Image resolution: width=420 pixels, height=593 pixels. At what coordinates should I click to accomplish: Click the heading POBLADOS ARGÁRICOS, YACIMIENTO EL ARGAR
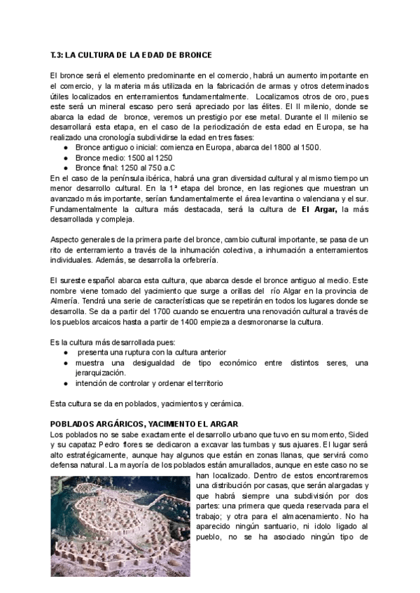145,424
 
